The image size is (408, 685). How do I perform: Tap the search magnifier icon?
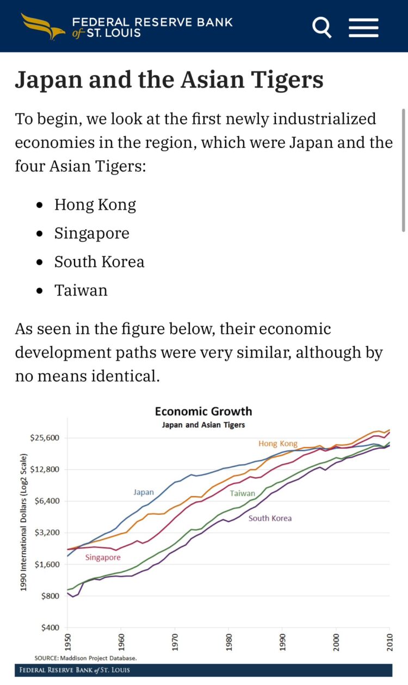pyautogui.click(x=322, y=27)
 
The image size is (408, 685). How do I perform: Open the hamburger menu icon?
pyautogui.click(x=363, y=27)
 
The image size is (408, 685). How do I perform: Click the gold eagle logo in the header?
pyautogui.click(x=43, y=27)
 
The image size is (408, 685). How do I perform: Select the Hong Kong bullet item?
pyautogui.click(x=95, y=205)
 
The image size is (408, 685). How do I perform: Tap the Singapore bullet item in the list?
pyautogui.click(x=92, y=233)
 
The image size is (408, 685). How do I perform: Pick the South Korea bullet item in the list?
pyautogui.click(x=99, y=262)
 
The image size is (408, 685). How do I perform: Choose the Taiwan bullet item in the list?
pyautogui.click(x=81, y=290)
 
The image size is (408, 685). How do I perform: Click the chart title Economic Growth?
pyautogui.click(x=203, y=411)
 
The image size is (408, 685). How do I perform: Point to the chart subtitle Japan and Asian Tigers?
pyautogui.click(x=203, y=425)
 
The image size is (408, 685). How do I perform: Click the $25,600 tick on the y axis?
pyautogui.click(x=45, y=438)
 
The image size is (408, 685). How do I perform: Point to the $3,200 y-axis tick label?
pyautogui.click(x=47, y=533)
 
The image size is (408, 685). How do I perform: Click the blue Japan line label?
pyautogui.click(x=144, y=492)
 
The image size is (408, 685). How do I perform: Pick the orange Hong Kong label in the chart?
pyautogui.click(x=278, y=443)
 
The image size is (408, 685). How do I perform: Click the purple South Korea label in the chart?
pyautogui.click(x=270, y=518)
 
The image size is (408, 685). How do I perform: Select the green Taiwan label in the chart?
pyautogui.click(x=242, y=493)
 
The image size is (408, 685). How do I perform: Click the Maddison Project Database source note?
pyautogui.click(x=85, y=658)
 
